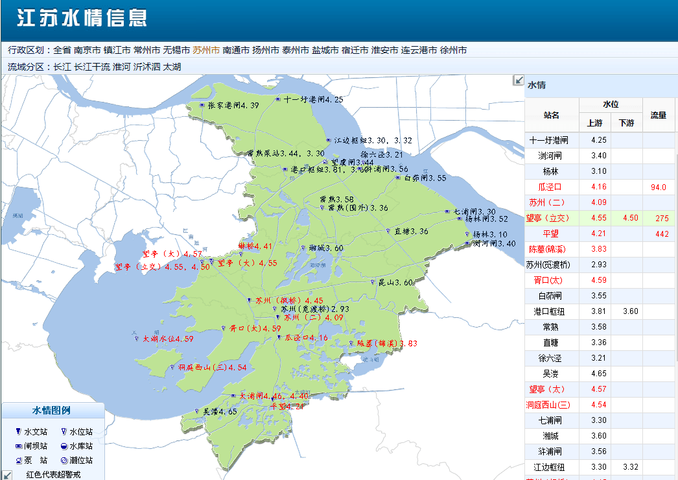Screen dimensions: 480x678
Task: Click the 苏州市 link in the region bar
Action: (206, 50)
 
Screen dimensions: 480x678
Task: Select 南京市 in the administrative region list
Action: (87, 50)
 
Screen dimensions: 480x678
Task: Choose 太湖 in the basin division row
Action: (172, 67)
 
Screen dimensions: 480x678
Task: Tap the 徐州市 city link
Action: (453, 50)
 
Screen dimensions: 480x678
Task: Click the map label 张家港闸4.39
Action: (233, 106)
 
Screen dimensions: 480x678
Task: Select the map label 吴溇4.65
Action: (220, 412)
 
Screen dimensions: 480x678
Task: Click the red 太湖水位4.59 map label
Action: (168, 339)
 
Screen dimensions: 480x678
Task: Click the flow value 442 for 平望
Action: (661, 234)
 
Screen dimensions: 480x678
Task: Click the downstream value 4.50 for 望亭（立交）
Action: (626, 219)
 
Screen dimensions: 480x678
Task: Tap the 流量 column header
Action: (659, 115)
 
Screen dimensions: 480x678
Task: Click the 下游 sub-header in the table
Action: (626, 123)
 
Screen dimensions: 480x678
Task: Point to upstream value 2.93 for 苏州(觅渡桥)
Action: (598, 265)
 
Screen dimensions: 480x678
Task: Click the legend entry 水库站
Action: (81, 446)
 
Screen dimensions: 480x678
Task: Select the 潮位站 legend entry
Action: (81, 461)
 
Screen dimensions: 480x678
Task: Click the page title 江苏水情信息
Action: (82, 18)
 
